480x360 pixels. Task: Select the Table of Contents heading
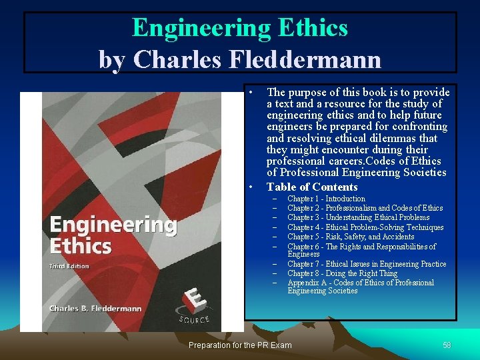pyautogui.click(x=312, y=187)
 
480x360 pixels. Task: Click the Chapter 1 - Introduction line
pyautogui.click(x=326, y=199)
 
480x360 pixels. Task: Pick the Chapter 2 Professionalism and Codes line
pyautogui.click(x=365, y=208)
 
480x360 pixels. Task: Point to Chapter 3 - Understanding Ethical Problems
pyautogui.click(x=358, y=217)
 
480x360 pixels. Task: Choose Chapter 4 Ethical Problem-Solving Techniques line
pyautogui.click(x=365, y=227)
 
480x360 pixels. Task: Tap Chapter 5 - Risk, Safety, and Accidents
pyautogui.click(x=351, y=237)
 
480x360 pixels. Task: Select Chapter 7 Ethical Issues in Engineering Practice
pyautogui.click(x=367, y=264)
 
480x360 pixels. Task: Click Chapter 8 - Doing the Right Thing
pyautogui.click(x=342, y=273)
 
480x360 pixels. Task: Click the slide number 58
pyautogui.click(x=447, y=345)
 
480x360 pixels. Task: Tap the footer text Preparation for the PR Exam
pyautogui.click(x=240, y=345)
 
